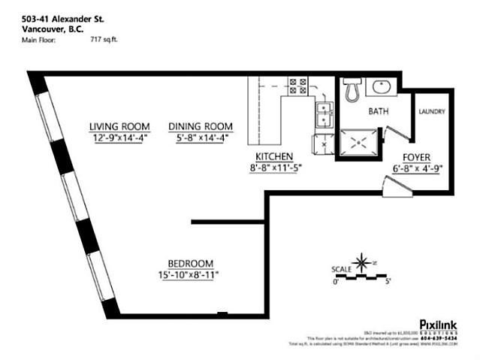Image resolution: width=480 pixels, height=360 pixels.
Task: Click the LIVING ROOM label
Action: pyautogui.click(x=119, y=126)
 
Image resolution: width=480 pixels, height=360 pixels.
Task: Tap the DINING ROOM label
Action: pyautogui.click(x=200, y=126)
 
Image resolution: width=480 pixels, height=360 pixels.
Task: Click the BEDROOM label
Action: pyautogui.click(x=189, y=263)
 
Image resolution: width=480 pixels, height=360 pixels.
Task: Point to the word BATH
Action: pyautogui.click(x=378, y=111)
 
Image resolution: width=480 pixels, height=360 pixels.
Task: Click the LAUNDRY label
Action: pyautogui.click(x=432, y=112)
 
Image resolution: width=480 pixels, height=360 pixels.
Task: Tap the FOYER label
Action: pyautogui.click(x=415, y=158)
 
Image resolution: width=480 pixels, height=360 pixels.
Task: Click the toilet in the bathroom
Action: pyautogui.click(x=350, y=90)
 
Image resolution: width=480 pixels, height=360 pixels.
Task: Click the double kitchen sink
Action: pyautogui.click(x=325, y=115)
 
